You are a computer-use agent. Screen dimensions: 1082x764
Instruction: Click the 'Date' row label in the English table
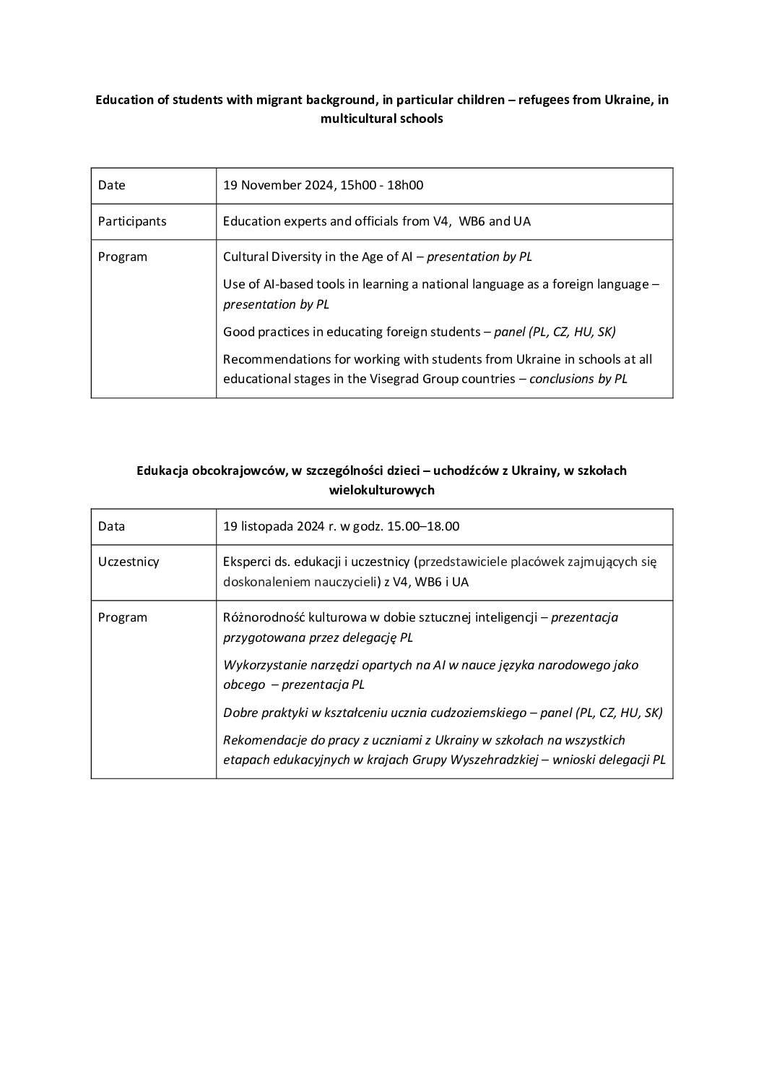click(112, 185)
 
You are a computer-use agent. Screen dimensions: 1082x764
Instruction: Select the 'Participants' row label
click(132, 221)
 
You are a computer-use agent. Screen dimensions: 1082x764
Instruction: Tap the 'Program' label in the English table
click(123, 257)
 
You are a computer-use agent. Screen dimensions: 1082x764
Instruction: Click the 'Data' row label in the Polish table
click(111, 526)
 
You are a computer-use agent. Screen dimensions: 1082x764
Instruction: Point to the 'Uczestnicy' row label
click(129, 562)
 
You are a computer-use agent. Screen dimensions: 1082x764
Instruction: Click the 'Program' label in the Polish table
click(123, 617)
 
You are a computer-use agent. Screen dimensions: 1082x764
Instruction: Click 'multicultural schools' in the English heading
click(381, 119)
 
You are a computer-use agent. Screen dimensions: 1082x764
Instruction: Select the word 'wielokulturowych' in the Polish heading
click(381, 490)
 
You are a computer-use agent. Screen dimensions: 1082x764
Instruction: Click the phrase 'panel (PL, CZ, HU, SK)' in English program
click(555, 332)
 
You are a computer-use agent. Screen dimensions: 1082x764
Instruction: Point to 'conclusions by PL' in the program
click(578, 379)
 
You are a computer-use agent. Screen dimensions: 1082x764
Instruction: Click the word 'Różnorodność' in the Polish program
click(261, 617)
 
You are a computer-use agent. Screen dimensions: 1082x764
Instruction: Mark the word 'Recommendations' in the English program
click(269, 359)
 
